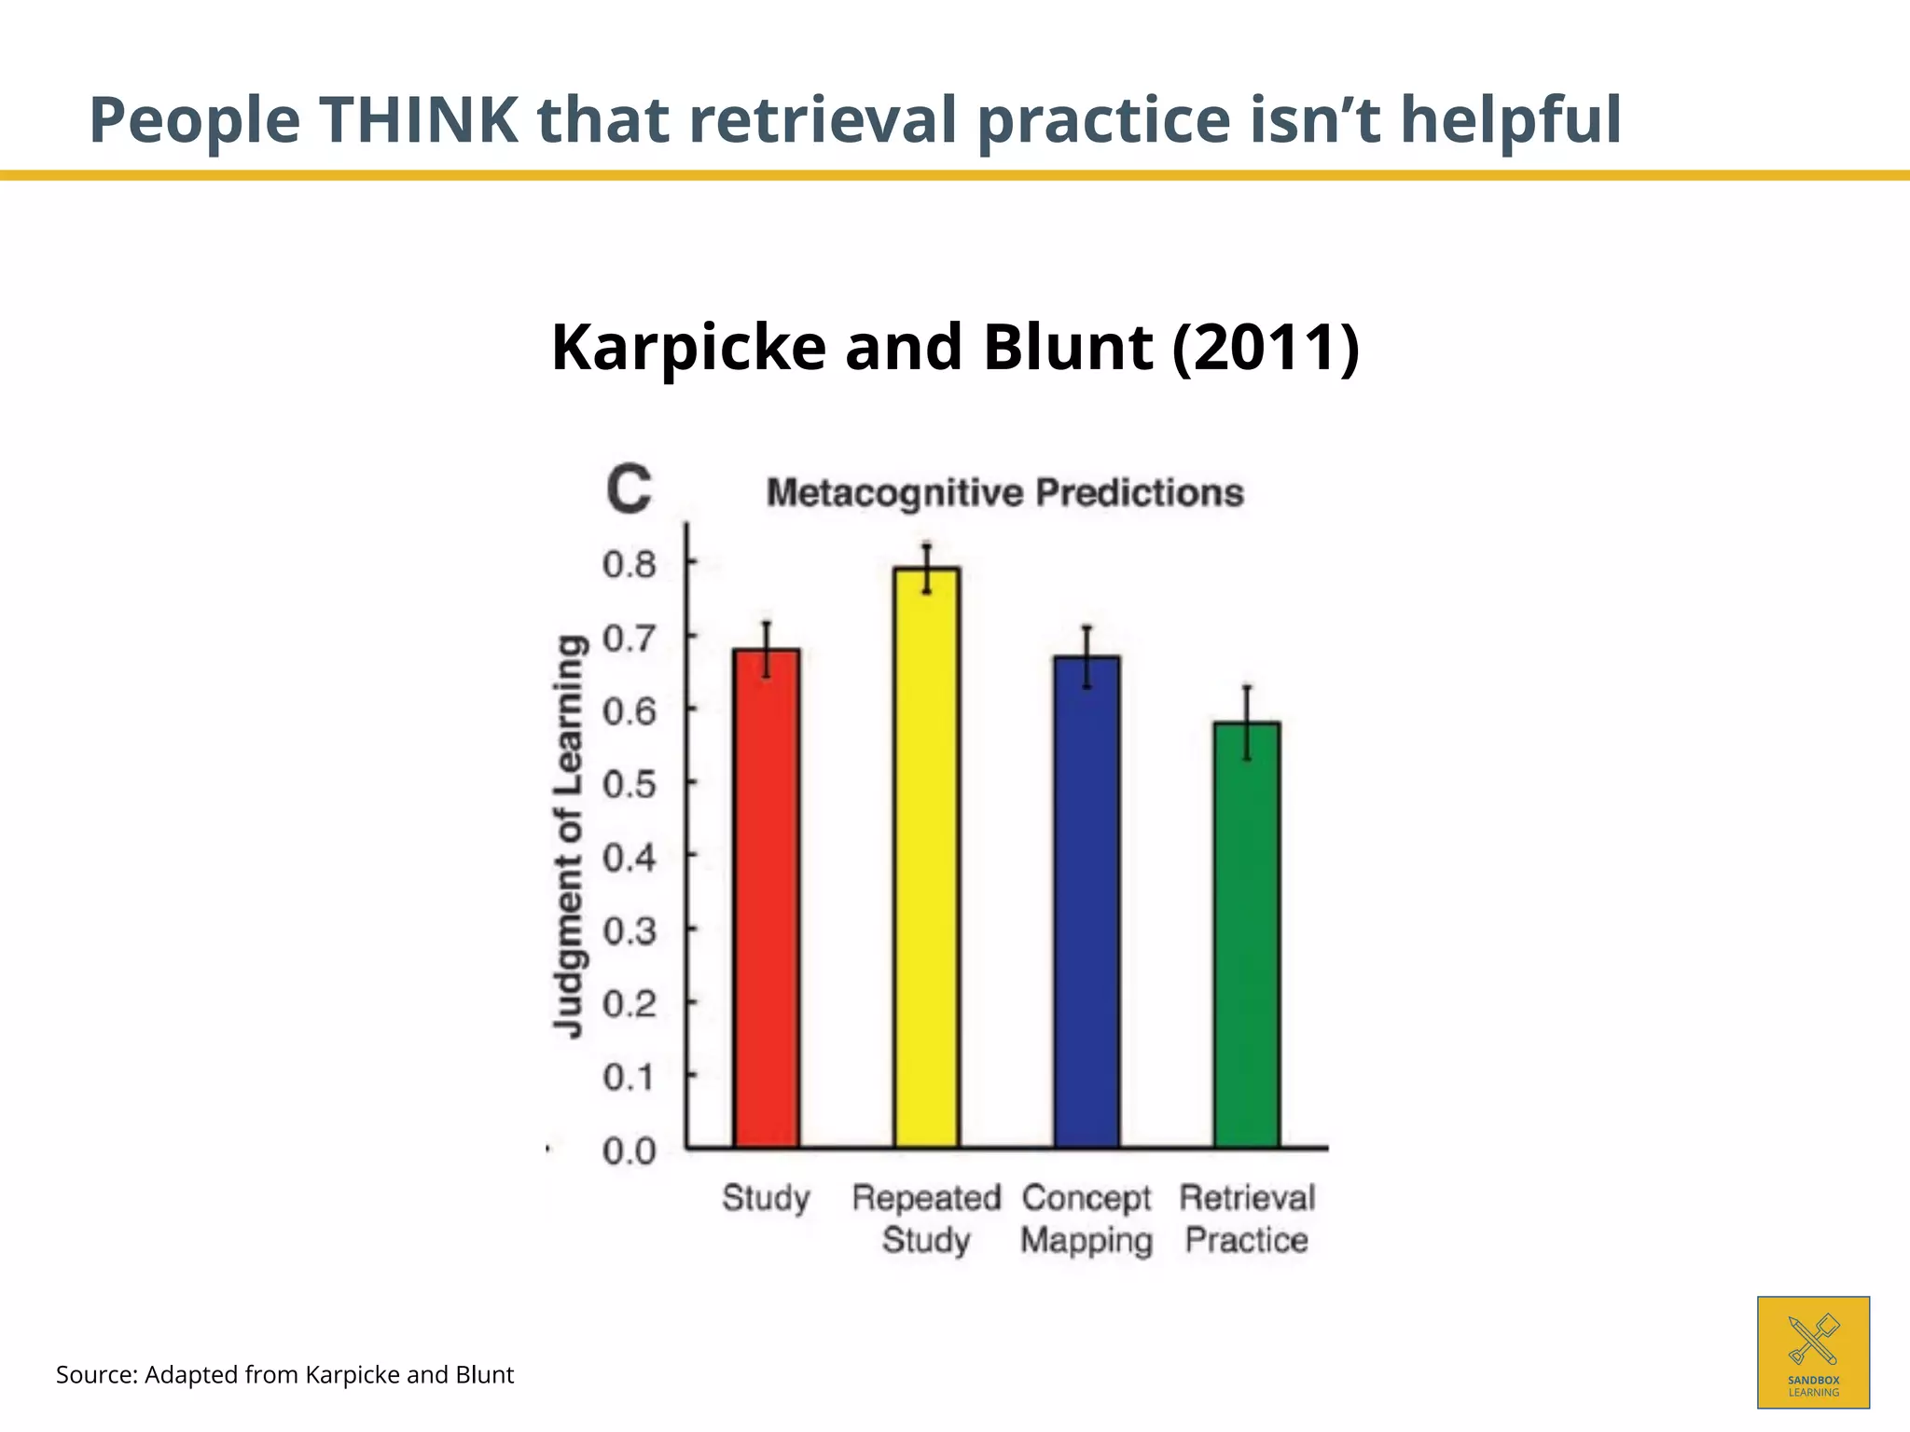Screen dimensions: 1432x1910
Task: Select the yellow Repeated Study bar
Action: tap(926, 858)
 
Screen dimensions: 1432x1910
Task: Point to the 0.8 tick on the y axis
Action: tap(630, 564)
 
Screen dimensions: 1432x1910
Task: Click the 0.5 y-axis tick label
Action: tap(630, 784)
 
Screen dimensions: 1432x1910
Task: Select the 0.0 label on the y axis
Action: tap(630, 1151)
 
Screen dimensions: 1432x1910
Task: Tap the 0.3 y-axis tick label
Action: tap(630, 930)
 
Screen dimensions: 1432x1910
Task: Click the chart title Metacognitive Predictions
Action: tap(1004, 492)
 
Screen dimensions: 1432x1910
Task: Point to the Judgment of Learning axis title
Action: tap(570, 835)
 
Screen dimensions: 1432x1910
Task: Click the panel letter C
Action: tap(629, 489)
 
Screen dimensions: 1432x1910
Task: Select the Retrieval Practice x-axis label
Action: tap(1247, 1219)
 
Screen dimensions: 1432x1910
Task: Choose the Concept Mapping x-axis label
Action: tap(1086, 1219)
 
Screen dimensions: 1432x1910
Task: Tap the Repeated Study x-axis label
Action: tap(926, 1219)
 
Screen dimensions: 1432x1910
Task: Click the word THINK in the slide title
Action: tap(419, 120)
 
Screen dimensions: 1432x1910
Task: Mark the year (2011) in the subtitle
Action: tap(1266, 347)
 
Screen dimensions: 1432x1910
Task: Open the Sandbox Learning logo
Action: tap(1813, 1352)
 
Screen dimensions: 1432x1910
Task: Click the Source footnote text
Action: tap(284, 1375)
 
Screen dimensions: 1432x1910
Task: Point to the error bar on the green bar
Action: tap(1247, 723)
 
